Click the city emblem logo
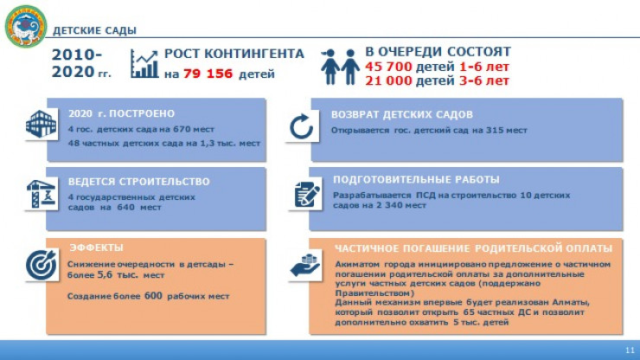click(x=26, y=26)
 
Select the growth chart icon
click(x=144, y=63)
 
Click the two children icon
click(x=340, y=66)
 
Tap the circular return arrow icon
click(x=300, y=127)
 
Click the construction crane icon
click(x=41, y=193)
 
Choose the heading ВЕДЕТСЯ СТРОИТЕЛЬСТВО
click(x=139, y=182)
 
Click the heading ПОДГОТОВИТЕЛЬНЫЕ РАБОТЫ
click(x=416, y=180)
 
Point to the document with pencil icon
click(x=302, y=194)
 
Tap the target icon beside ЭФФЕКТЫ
click(x=41, y=263)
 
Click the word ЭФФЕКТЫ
click(x=96, y=248)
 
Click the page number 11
click(x=629, y=349)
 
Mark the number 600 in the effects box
click(x=154, y=296)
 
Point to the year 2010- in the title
click(x=77, y=55)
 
